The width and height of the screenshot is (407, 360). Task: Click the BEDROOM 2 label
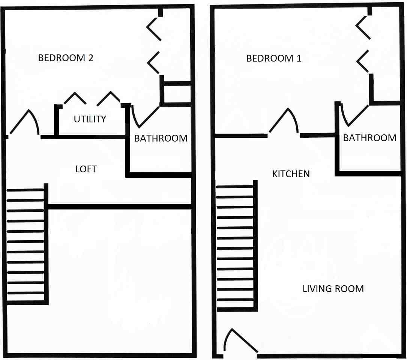tap(66, 58)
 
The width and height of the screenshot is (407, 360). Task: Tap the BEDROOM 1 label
tap(274, 59)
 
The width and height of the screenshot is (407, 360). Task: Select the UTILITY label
tap(90, 119)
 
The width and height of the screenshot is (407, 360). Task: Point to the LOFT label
tap(86, 169)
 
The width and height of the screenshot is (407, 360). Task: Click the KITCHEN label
tap(291, 174)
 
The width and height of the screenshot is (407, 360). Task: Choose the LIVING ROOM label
tap(333, 289)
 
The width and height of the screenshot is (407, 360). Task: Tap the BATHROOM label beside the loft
tap(161, 138)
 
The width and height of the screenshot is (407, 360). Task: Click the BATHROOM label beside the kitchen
tap(370, 138)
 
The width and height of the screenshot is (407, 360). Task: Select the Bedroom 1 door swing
tap(284, 121)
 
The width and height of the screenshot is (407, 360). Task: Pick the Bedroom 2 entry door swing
tap(25, 122)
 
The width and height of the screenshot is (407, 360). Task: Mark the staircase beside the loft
tap(26, 244)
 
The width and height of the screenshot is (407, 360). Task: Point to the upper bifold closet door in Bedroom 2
tap(154, 28)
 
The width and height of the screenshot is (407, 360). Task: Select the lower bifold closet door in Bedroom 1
tap(363, 61)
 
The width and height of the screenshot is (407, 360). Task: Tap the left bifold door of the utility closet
tap(75, 98)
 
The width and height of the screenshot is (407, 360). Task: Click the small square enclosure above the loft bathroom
tap(176, 94)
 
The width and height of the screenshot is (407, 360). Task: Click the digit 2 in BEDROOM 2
tap(91, 58)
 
